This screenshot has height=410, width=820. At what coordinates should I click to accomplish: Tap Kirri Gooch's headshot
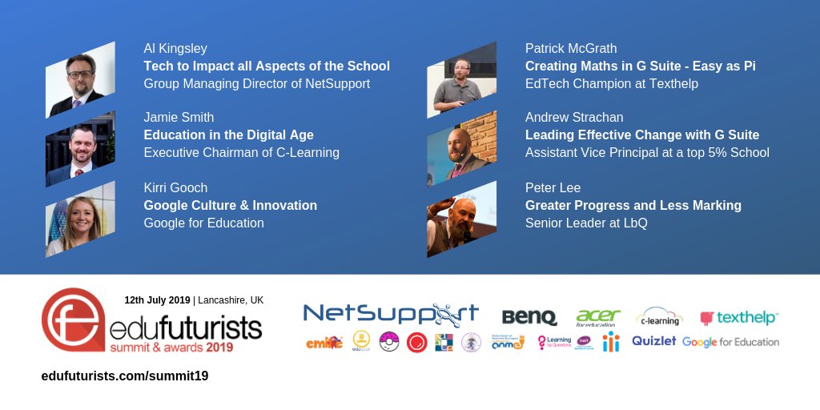click(80, 219)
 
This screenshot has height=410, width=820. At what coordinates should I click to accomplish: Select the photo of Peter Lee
click(461, 219)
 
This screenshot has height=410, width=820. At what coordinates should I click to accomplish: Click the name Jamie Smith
click(179, 118)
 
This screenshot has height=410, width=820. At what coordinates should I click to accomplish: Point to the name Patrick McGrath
click(571, 49)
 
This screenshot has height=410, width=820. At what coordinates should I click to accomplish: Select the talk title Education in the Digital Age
click(228, 135)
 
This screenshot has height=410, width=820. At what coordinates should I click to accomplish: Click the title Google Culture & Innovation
click(230, 206)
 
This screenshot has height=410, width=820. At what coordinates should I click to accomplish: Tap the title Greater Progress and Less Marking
click(633, 206)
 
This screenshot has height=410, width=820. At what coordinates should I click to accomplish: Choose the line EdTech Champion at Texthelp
click(612, 83)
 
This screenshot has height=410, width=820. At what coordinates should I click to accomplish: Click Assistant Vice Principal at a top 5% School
click(647, 152)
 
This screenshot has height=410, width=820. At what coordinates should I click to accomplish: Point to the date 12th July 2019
click(157, 300)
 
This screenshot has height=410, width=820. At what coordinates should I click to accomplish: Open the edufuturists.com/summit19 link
click(125, 376)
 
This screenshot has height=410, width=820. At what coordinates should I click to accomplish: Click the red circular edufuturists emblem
click(73, 320)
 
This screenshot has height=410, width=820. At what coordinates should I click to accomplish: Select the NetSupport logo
click(391, 315)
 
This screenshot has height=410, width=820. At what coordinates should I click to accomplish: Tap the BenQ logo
click(529, 318)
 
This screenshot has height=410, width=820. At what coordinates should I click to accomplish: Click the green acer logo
click(598, 317)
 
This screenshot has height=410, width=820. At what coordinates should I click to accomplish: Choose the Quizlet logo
click(653, 341)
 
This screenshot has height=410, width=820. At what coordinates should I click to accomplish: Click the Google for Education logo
click(730, 342)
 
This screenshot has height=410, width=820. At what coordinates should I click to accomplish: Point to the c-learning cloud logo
click(659, 317)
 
